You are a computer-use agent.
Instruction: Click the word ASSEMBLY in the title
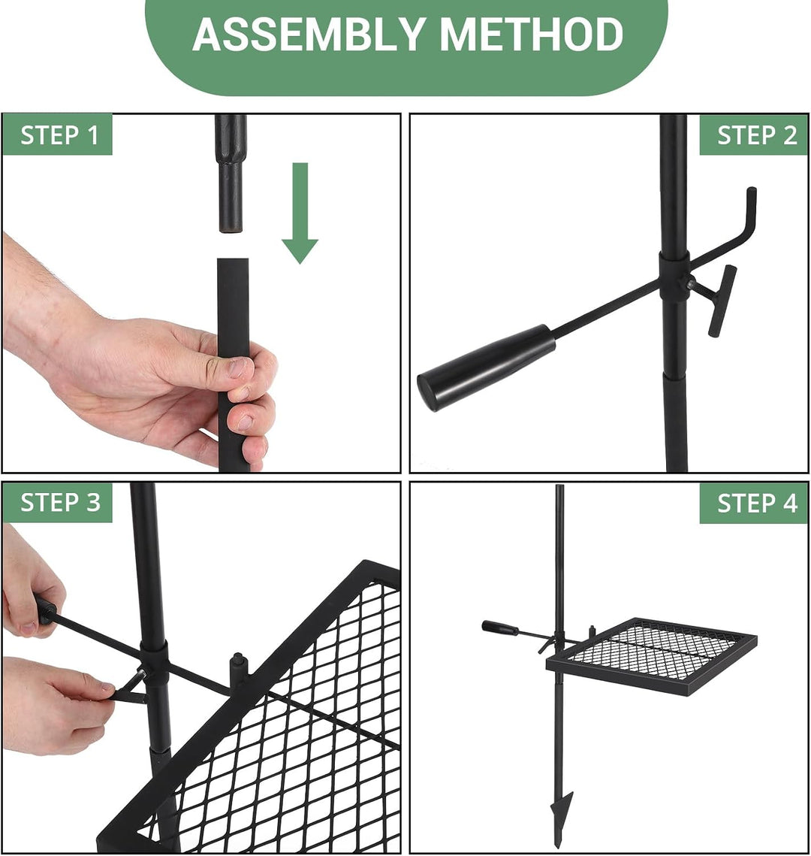point(308,34)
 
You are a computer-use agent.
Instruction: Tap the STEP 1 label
point(59,135)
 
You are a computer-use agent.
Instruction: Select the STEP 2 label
point(757,135)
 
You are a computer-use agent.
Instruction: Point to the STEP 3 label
point(61,502)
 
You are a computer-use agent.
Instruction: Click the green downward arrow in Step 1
point(300,213)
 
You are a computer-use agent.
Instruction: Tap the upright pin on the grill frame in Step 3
point(239,671)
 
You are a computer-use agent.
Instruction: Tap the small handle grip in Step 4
point(499,628)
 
